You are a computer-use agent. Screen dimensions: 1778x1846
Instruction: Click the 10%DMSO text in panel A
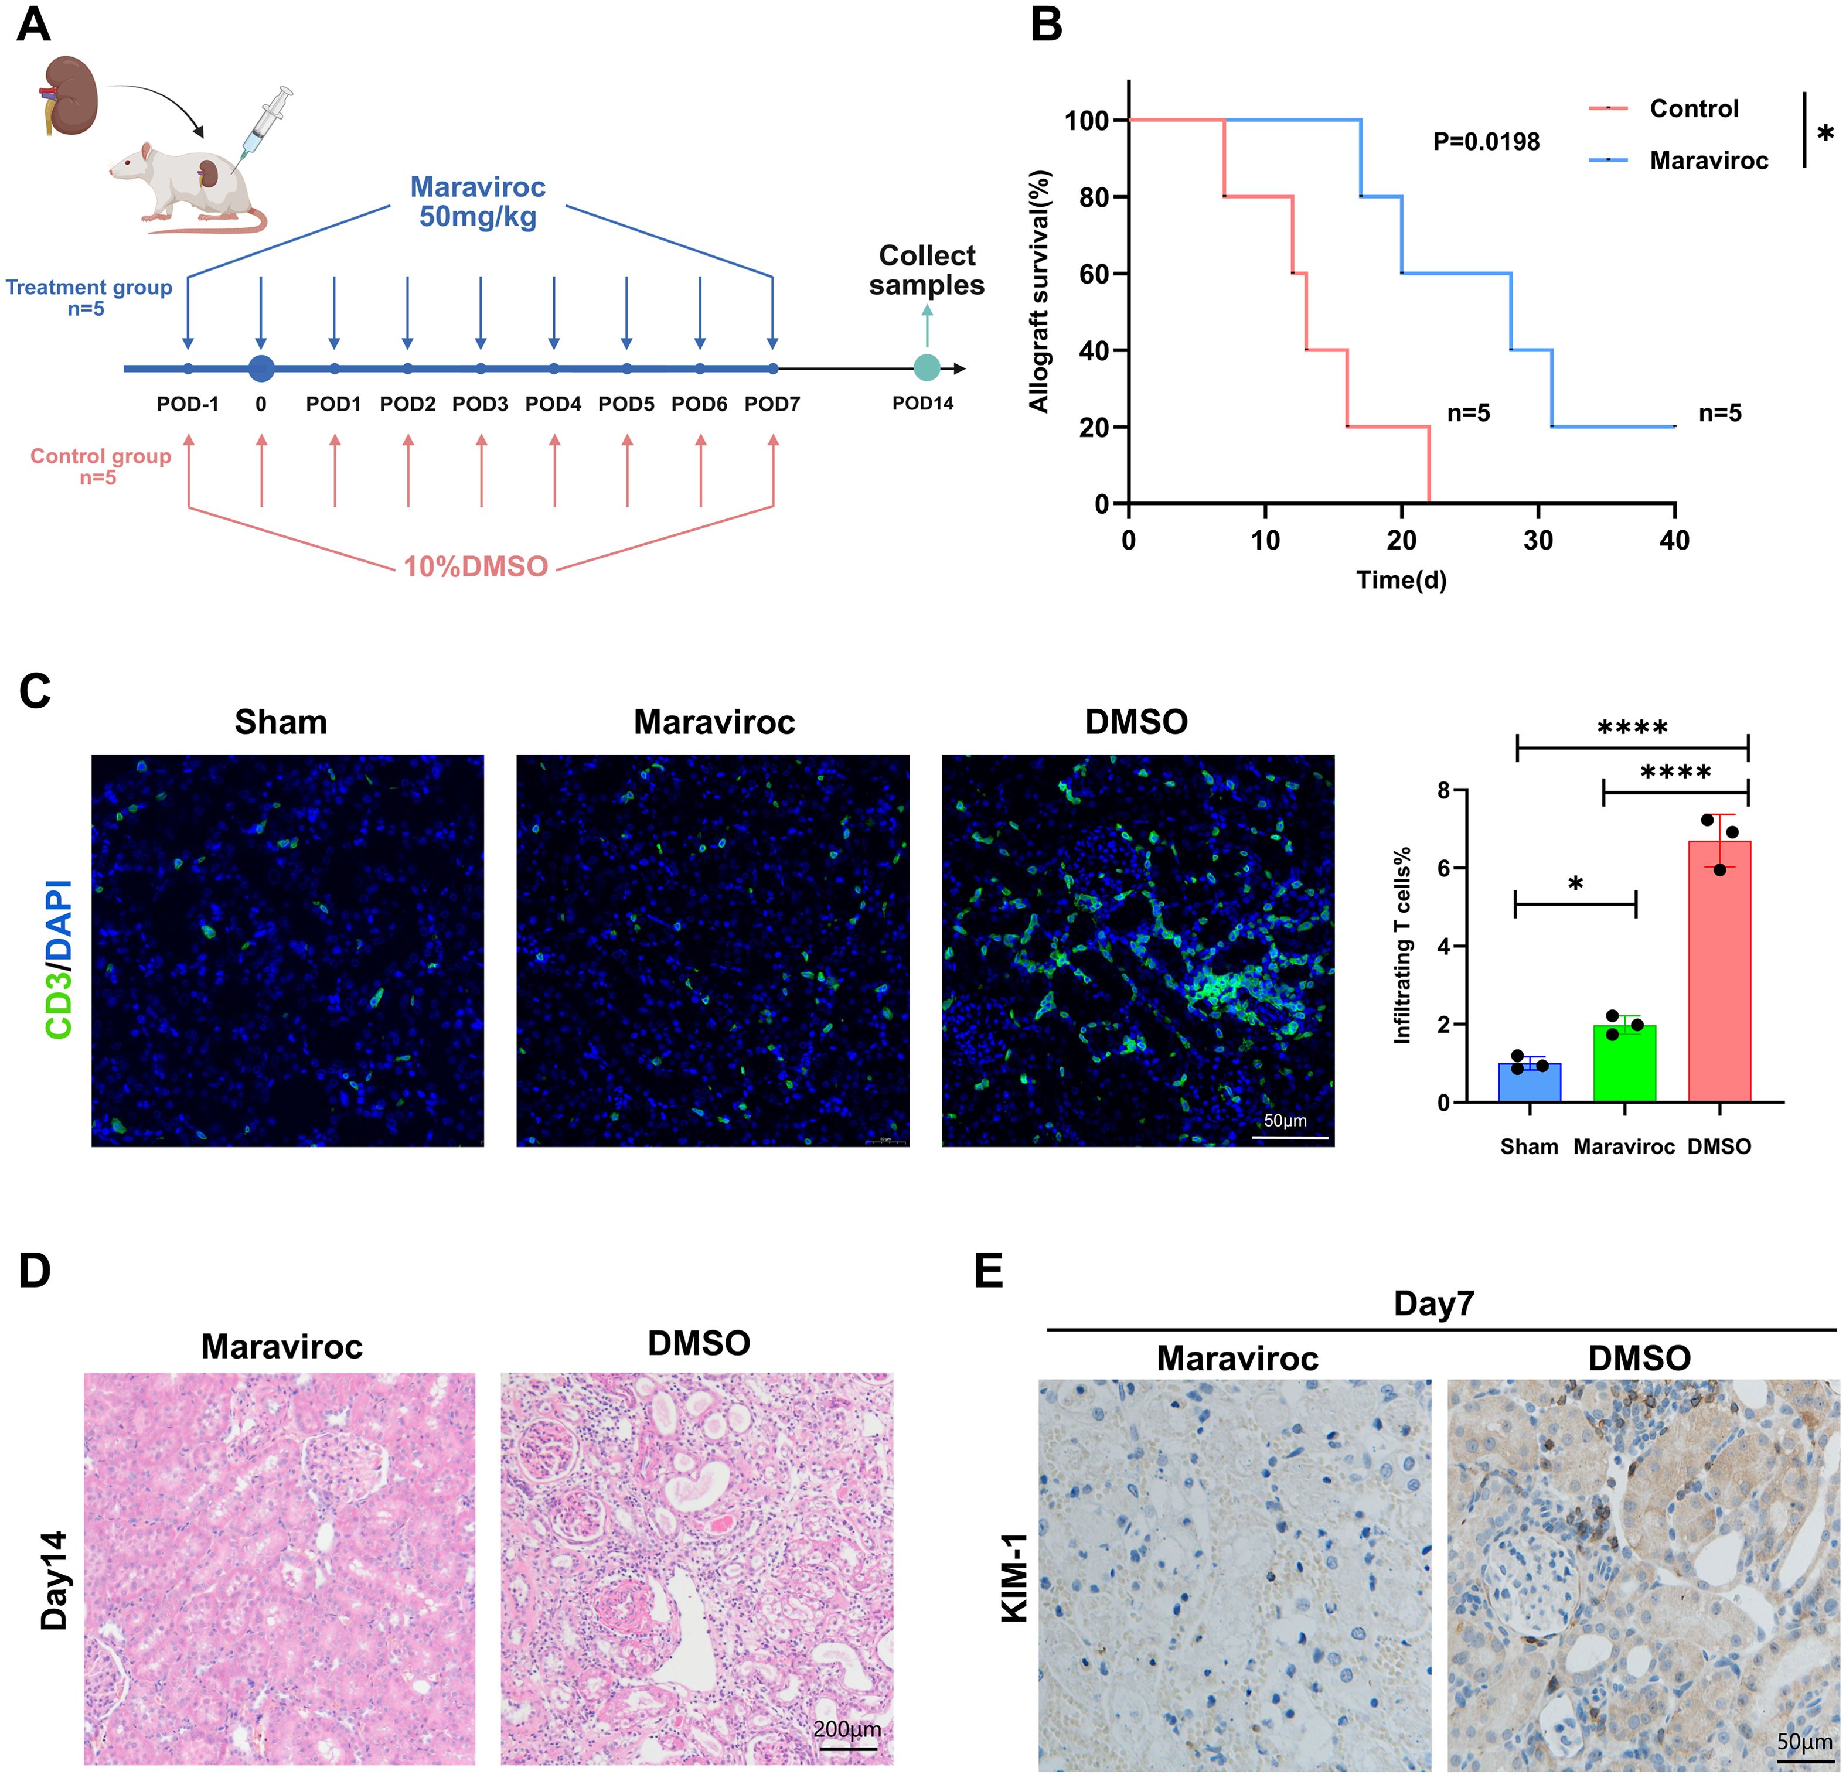click(x=476, y=566)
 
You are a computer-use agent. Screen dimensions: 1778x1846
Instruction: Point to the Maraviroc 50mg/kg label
click(x=478, y=202)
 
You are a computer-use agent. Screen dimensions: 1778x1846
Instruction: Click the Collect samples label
click(x=927, y=270)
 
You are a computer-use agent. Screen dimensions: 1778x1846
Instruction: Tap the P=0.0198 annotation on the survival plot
click(x=1486, y=142)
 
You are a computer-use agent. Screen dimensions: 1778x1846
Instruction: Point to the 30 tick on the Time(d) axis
click(x=1538, y=541)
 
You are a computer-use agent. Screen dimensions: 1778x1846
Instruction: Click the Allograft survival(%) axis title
click(x=1040, y=291)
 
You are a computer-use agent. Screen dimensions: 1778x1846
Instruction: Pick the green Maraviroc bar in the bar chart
click(x=1624, y=1063)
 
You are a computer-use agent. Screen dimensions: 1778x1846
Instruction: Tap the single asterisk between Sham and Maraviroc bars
click(x=1575, y=884)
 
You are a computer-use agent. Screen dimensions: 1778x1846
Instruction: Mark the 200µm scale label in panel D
click(x=847, y=1729)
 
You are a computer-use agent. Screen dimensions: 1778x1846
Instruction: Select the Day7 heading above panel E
click(x=1433, y=1304)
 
